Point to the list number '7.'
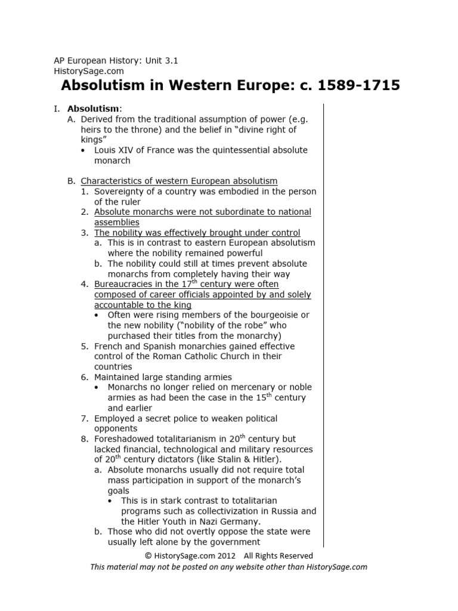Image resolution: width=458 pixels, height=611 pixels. click(x=85, y=418)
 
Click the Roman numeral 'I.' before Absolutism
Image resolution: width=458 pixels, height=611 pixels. click(x=57, y=109)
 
